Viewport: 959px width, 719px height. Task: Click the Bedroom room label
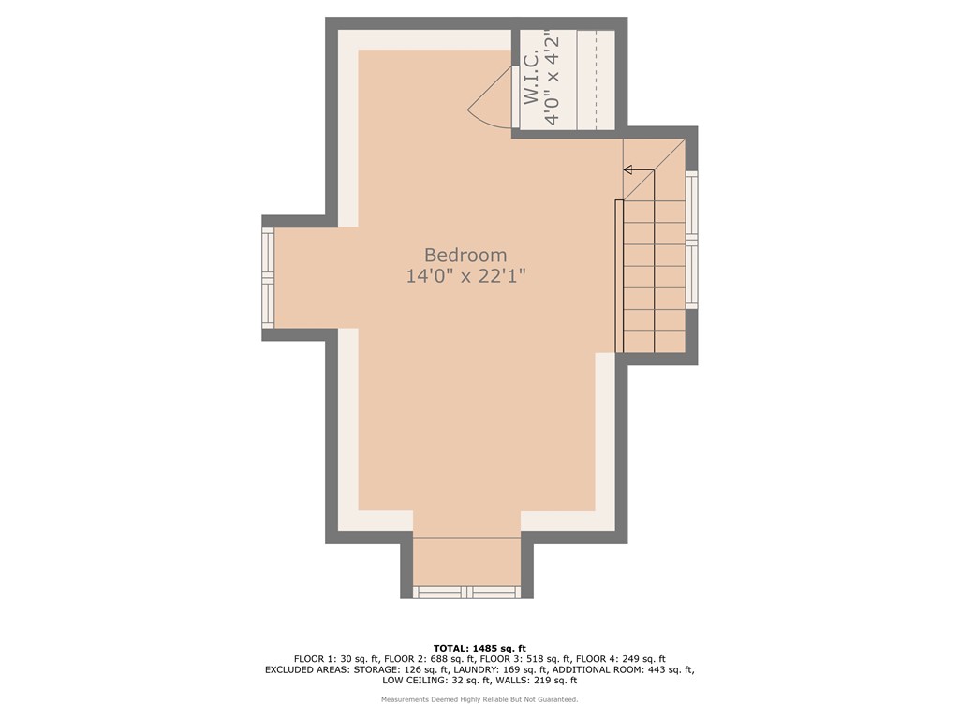(x=465, y=255)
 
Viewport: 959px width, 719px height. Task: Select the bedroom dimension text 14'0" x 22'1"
(x=465, y=276)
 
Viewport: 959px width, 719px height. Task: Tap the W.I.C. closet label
(x=532, y=79)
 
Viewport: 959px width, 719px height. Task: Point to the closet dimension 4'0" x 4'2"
(x=555, y=79)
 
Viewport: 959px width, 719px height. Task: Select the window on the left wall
(x=268, y=278)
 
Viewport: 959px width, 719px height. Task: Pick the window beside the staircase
(x=691, y=240)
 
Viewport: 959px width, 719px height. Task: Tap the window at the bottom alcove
(x=466, y=592)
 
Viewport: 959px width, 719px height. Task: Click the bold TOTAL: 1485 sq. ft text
(x=479, y=648)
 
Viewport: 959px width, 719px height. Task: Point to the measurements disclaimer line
(x=479, y=699)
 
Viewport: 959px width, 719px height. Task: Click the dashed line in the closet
(x=596, y=80)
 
